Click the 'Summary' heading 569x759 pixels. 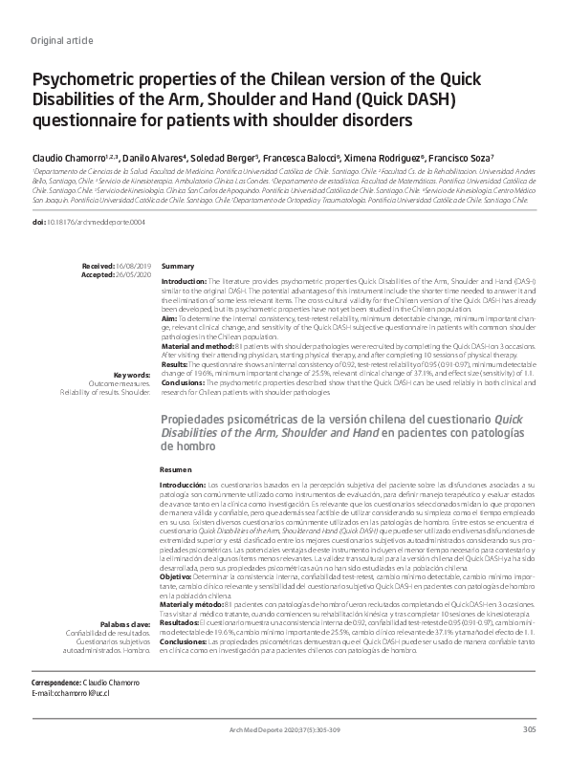[x=178, y=265]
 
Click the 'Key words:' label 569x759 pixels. [x=132, y=375]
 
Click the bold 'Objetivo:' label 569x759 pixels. [x=180, y=576]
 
